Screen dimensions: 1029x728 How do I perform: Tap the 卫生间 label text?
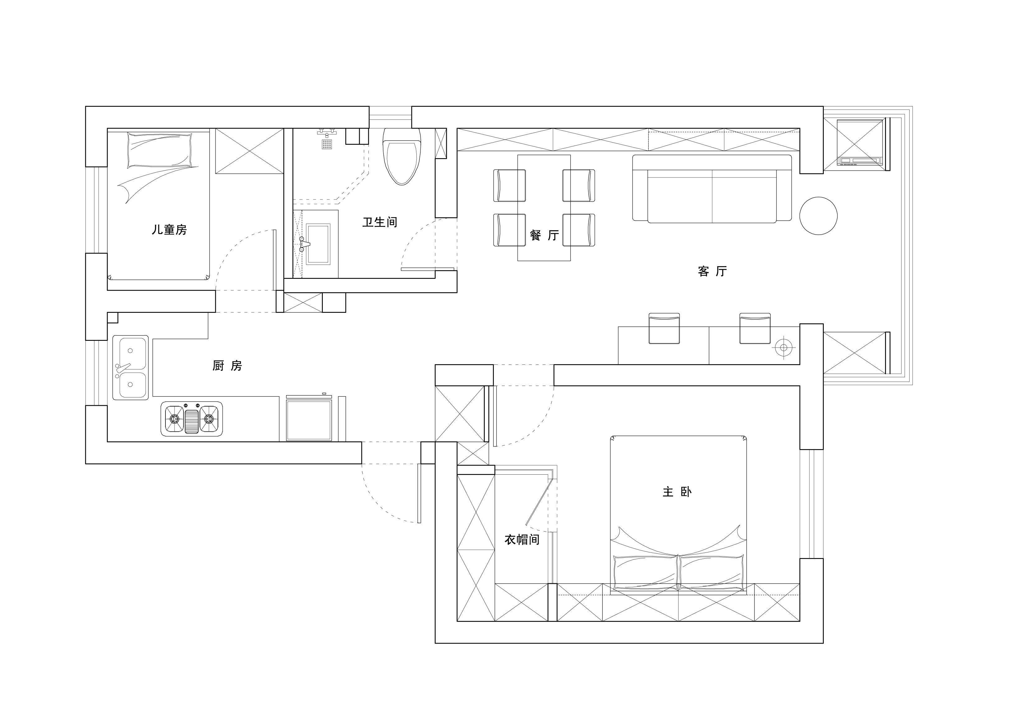(x=380, y=222)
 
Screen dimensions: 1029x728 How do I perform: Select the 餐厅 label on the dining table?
(x=544, y=235)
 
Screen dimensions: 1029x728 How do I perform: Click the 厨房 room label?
(x=227, y=366)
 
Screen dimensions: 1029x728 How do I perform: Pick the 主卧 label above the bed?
(x=677, y=492)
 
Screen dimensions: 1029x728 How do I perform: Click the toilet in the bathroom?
(x=402, y=157)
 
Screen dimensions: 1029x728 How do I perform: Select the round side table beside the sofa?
(x=818, y=216)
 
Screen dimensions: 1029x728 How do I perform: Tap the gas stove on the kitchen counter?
(x=192, y=419)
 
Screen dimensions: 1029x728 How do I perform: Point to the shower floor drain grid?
(x=327, y=144)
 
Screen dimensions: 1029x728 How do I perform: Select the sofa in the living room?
(x=712, y=188)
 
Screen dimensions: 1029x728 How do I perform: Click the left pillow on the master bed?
(x=645, y=573)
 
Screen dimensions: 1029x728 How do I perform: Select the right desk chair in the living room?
(x=755, y=329)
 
